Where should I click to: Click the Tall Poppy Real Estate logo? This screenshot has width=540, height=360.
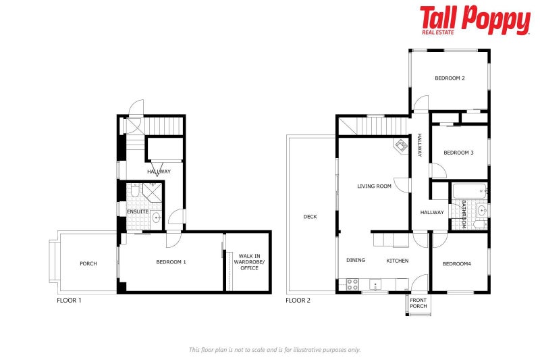point(475,20)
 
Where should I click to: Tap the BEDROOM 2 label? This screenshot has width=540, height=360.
point(450,78)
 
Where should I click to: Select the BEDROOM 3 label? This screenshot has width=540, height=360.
point(458,153)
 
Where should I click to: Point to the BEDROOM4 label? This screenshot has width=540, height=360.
point(456,263)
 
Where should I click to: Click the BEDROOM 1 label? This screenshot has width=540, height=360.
point(171,262)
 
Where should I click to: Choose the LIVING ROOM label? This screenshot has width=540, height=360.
point(375,186)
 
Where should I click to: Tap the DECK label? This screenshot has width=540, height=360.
point(310,217)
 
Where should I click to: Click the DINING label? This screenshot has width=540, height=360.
point(356,261)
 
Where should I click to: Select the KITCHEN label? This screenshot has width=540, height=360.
point(397,261)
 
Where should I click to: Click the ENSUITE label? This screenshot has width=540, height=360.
point(138,212)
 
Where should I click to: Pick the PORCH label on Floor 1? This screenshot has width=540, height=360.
point(88,263)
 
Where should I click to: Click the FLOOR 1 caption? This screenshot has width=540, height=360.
point(69,300)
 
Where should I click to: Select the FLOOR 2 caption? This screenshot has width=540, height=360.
point(298,300)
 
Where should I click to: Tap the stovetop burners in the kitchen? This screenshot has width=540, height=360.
point(352,285)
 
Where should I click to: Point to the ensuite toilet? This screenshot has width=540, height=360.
point(134,193)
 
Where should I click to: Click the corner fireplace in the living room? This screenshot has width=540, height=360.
point(401,145)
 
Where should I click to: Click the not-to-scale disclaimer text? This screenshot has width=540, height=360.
point(275,350)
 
